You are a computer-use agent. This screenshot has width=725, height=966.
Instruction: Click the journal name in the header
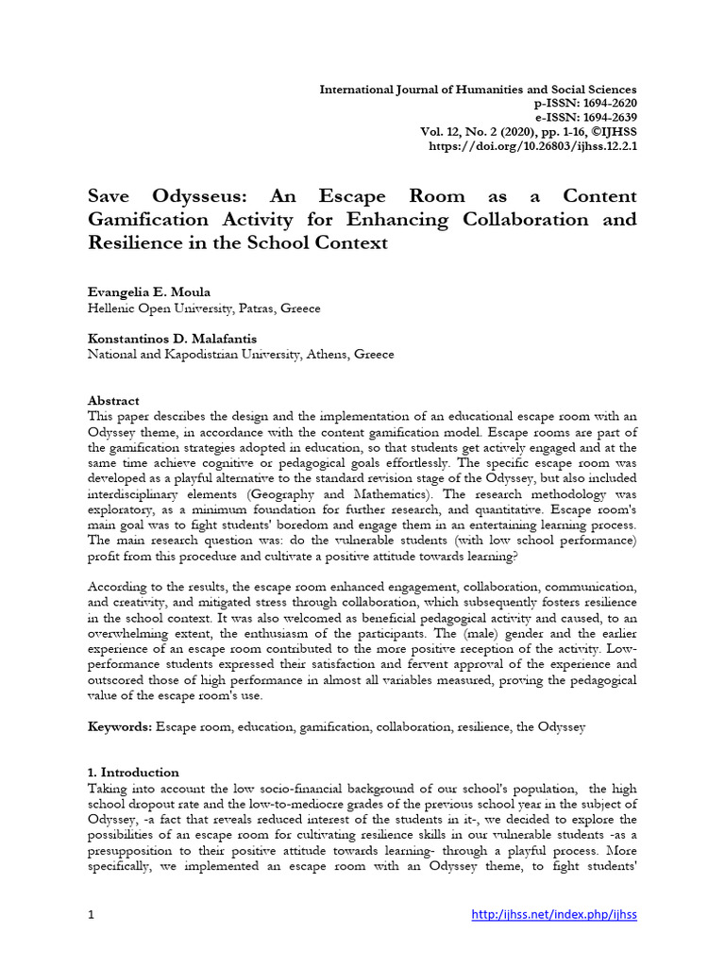point(479,90)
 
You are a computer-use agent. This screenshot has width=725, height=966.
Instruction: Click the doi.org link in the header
point(532,146)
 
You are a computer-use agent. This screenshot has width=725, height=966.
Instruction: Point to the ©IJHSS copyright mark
point(608,132)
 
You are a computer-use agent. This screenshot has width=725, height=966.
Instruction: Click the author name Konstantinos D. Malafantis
point(172,340)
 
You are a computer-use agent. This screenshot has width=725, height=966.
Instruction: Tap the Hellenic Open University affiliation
point(204,308)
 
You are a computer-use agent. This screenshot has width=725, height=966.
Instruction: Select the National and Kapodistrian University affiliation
point(241,355)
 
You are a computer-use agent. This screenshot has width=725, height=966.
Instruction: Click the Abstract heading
point(113,400)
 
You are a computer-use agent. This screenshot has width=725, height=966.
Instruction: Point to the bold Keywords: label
point(120,727)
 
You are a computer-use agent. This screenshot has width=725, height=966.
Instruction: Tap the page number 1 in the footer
point(92,914)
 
